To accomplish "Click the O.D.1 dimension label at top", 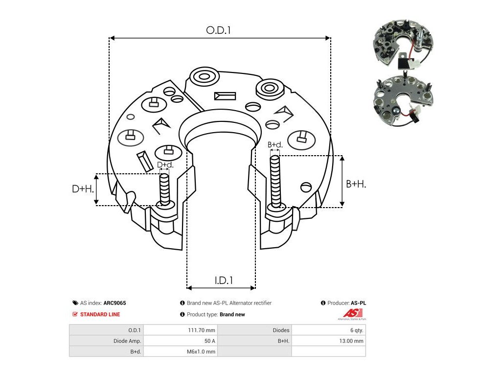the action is (218, 30).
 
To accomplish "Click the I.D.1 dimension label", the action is (223, 280).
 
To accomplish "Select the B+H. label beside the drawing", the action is (356, 184).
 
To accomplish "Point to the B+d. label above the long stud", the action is (275, 145).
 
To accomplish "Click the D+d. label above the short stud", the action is (165, 165).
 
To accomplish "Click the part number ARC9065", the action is (114, 303).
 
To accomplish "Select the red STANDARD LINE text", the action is (100, 314).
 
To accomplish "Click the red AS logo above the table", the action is (352, 313).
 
